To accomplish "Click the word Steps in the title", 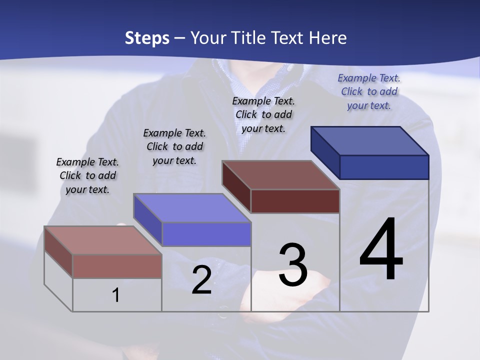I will tap(147, 38).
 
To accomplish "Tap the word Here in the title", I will tap(328, 38).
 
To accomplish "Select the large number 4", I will tap(381, 249).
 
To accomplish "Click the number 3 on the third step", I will tap(293, 265).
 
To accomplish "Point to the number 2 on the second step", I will tap(201, 280).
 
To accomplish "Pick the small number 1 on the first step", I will tap(116, 295).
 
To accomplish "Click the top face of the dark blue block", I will tap(370, 141).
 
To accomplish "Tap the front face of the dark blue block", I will tap(384, 167).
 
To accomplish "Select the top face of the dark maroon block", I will tap(280, 175).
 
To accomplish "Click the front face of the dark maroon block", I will tap(295, 201).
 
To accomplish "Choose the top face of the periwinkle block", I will tap(192, 208).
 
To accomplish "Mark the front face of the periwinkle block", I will tap(206, 234).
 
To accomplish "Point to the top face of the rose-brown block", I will tap(103, 240).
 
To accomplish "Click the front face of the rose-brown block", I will tap(117, 266).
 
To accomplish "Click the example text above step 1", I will tap(87, 175).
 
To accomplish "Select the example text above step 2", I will tap(174, 146).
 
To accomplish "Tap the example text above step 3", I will tap(263, 114).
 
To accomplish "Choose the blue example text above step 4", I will tap(369, 91).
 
